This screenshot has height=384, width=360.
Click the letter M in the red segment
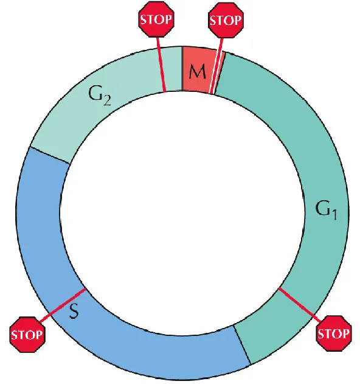tap(197, 72)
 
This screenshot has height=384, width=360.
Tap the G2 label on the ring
tap(99, 96)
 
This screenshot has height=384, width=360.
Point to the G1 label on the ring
tap(326, 209)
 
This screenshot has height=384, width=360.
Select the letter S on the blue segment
tap(74, 311)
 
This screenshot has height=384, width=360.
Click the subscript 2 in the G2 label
tap(107, 100)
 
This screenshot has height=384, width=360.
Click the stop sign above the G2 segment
tap(156, 19)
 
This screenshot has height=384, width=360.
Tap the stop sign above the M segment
tap(226, 20)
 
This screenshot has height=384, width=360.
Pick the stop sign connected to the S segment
tap(27, 335)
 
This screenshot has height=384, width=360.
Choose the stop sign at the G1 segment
tap(334, 333)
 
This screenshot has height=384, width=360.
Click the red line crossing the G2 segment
tap(161, 65)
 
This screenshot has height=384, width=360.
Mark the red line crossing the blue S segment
tap(63, 305)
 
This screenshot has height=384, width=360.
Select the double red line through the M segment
tap(216, 66)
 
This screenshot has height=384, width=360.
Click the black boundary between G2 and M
tap(182, 69)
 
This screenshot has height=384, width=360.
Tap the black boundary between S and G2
tap(50, 155)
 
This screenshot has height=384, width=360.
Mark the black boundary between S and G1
tap(242, 345)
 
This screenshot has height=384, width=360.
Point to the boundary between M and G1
tap(220, 73)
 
